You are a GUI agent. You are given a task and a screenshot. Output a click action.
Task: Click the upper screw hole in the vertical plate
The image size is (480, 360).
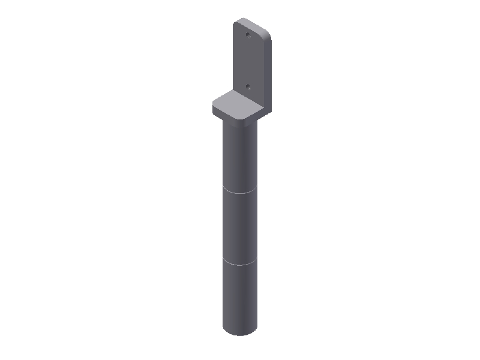pyautogui.click(x=248, y=35)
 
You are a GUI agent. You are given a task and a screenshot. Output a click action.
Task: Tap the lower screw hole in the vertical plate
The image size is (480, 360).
pyautogui.click(x=248, y=86)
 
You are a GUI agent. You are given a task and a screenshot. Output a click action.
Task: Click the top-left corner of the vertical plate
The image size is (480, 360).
pyautogui.click(x=235, y=23)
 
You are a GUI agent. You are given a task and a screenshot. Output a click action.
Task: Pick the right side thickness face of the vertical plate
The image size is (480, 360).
pyautogui.click(x=268, y=72)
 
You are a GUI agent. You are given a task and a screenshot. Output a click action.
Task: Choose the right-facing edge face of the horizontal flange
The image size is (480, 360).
pyautogui.click(x=255, y=115)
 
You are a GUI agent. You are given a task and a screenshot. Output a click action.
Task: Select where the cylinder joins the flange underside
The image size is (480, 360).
pyautogui.click(x=239, y=122)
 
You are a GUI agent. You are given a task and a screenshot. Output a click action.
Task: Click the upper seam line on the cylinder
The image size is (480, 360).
pyautogui.click(x=240, y=193)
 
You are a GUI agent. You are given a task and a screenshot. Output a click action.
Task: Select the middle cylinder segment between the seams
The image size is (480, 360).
pyautogui.click(x=240, y=228)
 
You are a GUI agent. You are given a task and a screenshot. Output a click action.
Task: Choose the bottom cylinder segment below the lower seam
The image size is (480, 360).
pyautogui.click(x=240, y=297)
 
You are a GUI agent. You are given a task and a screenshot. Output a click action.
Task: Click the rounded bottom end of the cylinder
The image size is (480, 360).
pyautogui.click(x=240, y=333)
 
